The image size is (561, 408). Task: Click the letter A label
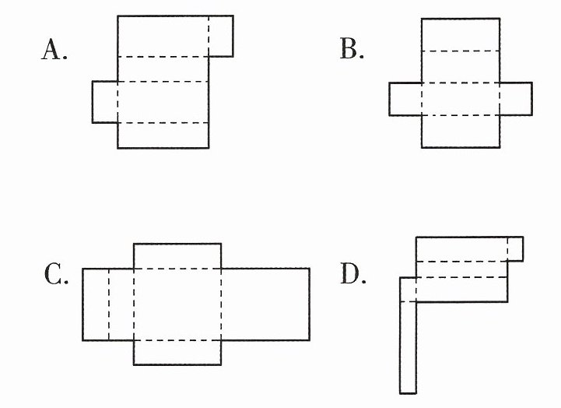pyautogui.click(x=54, y=50)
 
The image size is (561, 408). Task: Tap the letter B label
pyautogui.click(x=352, y=49)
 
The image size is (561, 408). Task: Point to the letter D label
pyautogui.click(x=353, y=274)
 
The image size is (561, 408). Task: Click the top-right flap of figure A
pyautogui.click(x=221, y=36)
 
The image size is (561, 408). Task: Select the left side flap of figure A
pyautogui.click(x=105, y=102)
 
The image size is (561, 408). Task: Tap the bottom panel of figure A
pyautogui.click(x=163, y=135)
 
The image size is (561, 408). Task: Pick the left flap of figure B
pyautogui.click(x=405, y=99)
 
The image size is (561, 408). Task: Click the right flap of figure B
pyautogui.click(x=517, y=99)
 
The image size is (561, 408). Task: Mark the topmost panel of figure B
pyautogui.click(x=461, y=35)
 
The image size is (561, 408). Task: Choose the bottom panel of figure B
pyautogui.click(x=461, y=132)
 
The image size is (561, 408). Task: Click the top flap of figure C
pyautogui.click(x=177, y=256)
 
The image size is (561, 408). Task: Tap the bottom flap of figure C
pyautogui.click(x=177, y=353)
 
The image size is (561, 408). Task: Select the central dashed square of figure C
pyautogui.click(x=177, y=304)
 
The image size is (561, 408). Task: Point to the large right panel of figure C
pyautogui.click(x=265, y=304)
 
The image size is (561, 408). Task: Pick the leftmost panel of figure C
pyautogui.click(x=96, y=304)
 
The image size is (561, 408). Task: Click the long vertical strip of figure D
pyautogui.click(x=408, y=348)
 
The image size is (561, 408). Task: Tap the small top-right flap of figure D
pyautogui.click(x=516, y=249)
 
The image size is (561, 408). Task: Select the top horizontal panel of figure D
pyautogui.click(x=461, y=249)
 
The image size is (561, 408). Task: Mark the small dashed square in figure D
pyautogui.click(x=408, y=290)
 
